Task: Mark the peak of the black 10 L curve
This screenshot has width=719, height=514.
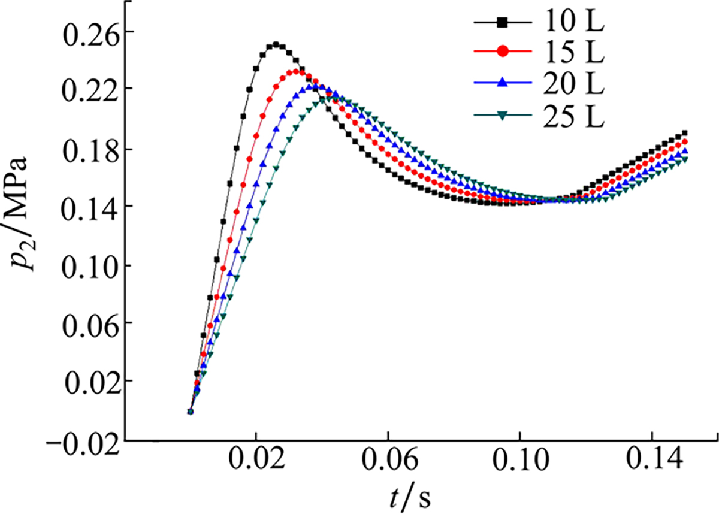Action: [x=276, y=44]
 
